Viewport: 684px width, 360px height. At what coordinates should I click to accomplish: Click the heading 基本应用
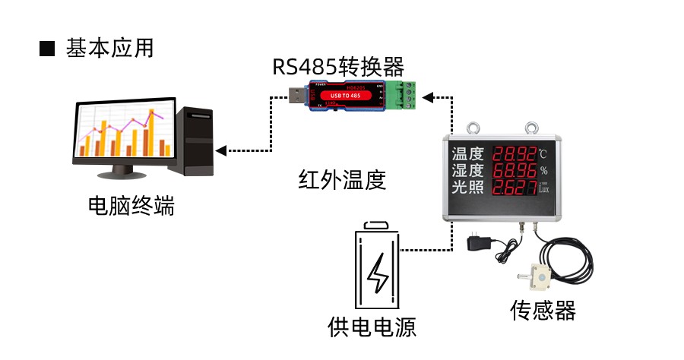pos(110,49)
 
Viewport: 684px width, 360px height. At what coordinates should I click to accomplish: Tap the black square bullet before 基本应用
pos(47,49)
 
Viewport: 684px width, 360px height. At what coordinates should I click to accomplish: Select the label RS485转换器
pos(338,67)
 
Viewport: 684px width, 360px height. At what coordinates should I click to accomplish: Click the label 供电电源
pos(372,328)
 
